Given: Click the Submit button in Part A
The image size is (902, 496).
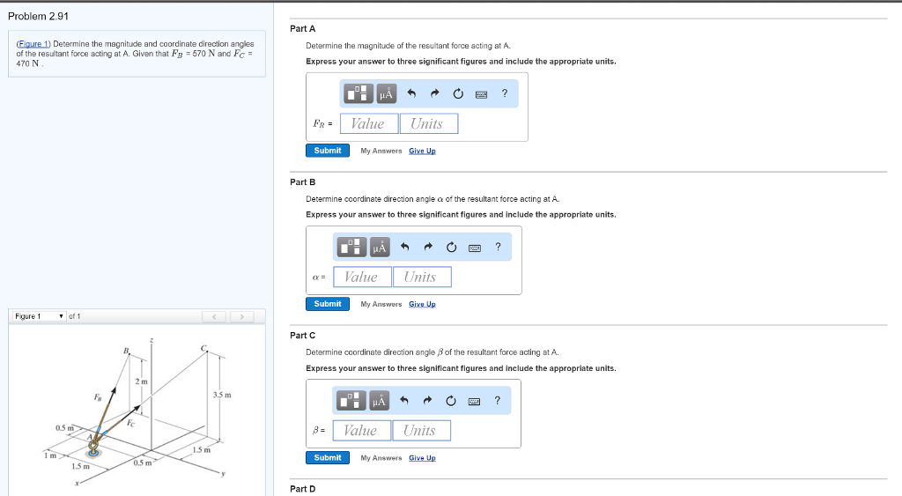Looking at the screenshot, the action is click(x=328, y=150).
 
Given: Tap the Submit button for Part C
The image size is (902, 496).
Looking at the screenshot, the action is click(x=328, y=457).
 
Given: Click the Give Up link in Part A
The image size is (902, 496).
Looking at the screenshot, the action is click(x=422, y=151).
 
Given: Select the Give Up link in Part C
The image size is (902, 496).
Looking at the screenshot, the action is click(x=422, y=458).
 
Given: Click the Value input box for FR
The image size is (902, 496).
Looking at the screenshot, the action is click(x=369, y=123).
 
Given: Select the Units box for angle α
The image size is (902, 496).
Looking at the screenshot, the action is click(x=422, y=277).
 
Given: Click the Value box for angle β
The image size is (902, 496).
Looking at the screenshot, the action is click(x=362, y=431).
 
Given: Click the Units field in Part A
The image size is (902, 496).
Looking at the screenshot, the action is click(x=429, y=123).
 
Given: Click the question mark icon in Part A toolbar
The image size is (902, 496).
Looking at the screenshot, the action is click(x=505, y=93).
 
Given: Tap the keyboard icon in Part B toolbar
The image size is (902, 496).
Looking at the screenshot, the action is click(x=475, y=248).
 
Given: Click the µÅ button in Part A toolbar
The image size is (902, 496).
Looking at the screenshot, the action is click(x=387, y=93).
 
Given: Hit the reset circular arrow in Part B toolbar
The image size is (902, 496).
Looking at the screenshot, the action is click(x=452, y=247).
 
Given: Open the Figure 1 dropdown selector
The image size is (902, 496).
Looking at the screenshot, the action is click(x=39, y=316).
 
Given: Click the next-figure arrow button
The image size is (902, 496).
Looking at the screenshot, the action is click(x=241, y=316).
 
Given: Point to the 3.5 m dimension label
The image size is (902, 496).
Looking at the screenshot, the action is click(x=222, y=395).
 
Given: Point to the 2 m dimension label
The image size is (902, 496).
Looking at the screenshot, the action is click(x=142, y=381).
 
